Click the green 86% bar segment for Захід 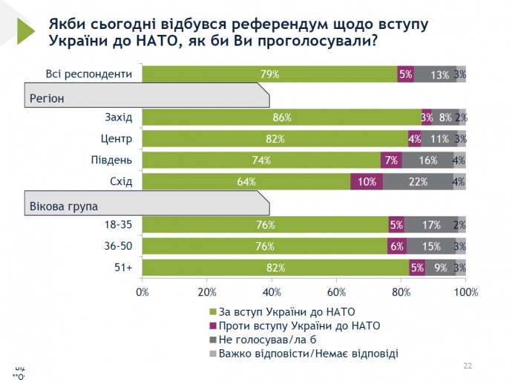point(281,117)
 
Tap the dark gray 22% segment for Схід point(418,182)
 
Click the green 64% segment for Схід point(246,182)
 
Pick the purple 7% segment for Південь point(391,161)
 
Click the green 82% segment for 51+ point(275,268)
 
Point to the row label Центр point(116,139)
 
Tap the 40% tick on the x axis point(272,292)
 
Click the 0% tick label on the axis point(142,292)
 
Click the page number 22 point(467,365)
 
